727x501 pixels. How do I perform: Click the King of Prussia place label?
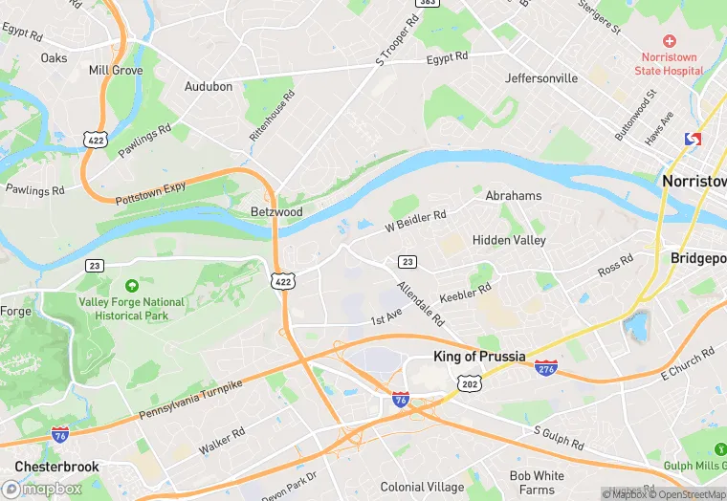pos(479,357)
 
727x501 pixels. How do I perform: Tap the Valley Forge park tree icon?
pos(131,285)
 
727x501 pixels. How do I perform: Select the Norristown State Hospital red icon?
pos(670,42)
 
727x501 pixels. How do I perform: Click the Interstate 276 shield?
pos(546,368)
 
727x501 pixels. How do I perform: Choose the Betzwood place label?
pos(275,211)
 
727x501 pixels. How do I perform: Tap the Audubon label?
pos(208,86)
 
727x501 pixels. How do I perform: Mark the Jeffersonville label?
pos(541,77)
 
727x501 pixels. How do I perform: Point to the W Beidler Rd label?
pos(416,222)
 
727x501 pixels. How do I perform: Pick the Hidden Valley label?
pos(509,240)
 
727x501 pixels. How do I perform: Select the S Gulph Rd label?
pos(558,438)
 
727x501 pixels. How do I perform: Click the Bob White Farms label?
pos(537,482)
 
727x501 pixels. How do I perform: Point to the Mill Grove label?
pos(115,70)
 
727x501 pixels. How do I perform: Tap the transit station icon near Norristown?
pos(693,140)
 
